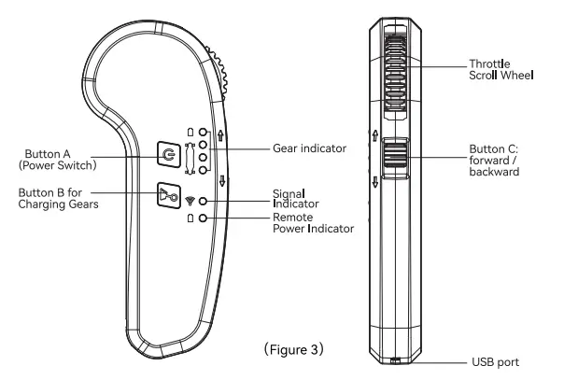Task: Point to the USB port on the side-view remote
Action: coord(395,362)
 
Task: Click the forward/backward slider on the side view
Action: coord(395,154)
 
